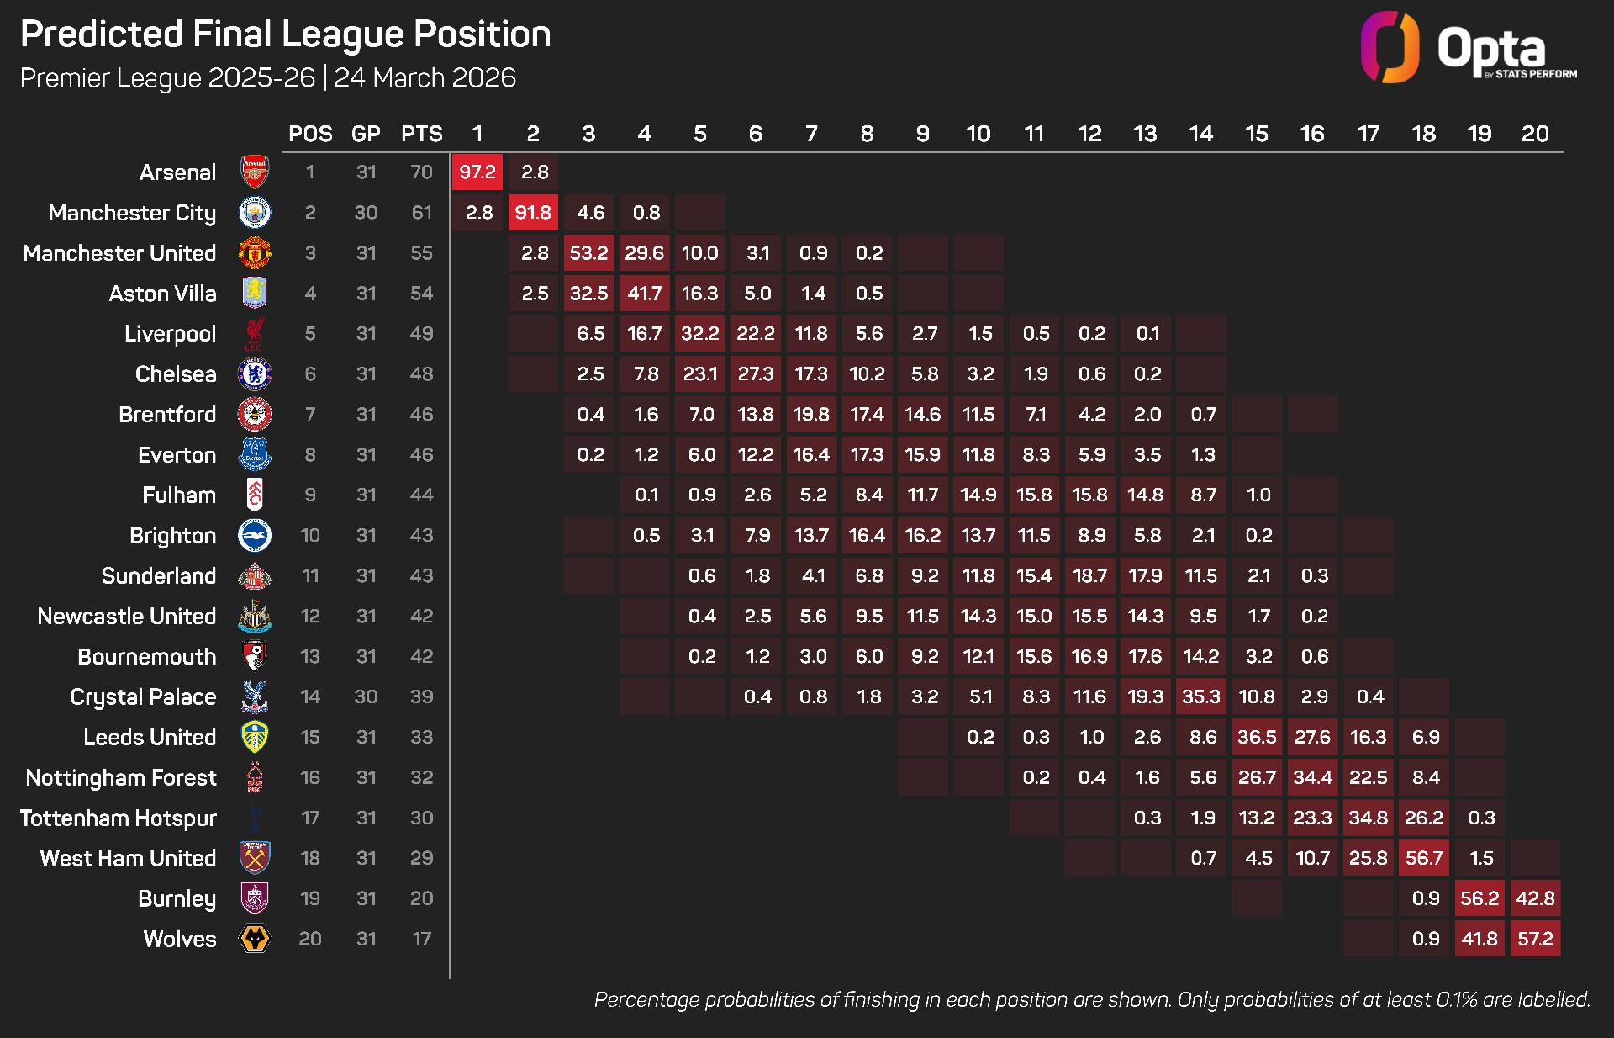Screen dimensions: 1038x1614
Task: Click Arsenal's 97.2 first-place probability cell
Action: (x=477, y=172)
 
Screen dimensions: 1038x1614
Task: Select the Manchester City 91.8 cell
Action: (x=533, y=213)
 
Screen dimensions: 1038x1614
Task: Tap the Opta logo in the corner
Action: (x=1468, y=48)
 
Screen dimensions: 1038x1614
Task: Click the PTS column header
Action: (x=421, y=134)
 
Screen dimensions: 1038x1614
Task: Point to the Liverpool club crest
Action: (x=254, y=334)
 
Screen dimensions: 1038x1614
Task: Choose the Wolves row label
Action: (x=179, y=939)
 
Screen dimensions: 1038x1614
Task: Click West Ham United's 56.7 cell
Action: (x=1424, y=858)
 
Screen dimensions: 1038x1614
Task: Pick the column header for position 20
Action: (x=1535, y=134)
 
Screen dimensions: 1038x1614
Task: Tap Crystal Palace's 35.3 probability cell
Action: (x=1201, y=696)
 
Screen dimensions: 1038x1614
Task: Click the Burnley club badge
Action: (x=254, y=898)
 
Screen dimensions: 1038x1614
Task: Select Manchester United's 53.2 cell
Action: (x=588, y=253)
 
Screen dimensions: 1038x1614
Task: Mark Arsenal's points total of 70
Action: (x=421, y=172)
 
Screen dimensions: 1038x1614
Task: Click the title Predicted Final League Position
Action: (x=286, y=34)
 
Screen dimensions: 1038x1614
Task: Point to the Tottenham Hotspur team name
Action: (x=119, y=818)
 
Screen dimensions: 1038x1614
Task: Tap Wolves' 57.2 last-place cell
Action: (x=1535, y=939)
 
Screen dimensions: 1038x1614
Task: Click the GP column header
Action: (x=366, y=134)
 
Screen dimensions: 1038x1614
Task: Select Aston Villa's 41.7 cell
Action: (x=644, y=294)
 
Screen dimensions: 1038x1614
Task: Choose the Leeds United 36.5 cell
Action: (x=1257, y=737)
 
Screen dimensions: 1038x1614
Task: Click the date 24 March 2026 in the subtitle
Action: (x=425, y=77)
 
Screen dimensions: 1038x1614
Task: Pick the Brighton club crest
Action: (x=254, y=535)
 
